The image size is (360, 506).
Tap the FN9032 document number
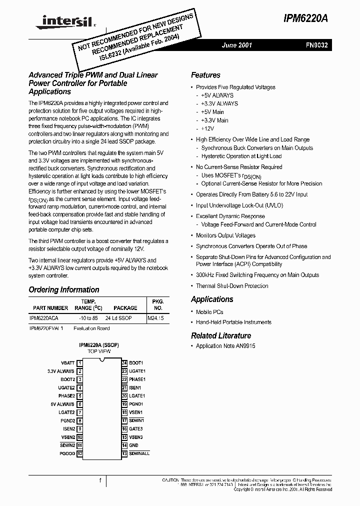(x=317, y=45)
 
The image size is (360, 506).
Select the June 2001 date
(x=237, y=45)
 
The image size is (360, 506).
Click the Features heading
(x=205, y=75)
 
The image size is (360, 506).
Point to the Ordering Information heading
(x=64, y=290)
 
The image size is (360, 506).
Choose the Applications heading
(x=212, y=299)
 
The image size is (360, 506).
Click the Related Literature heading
(x=221, y=335)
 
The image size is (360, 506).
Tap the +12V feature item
(x=208, y=129)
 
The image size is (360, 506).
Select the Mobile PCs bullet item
(x=209, y=311)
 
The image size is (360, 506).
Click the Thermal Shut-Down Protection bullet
(x=232, y=286)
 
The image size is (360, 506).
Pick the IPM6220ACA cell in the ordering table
(x=44, y=318)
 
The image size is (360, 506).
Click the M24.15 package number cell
(x=156, y=318)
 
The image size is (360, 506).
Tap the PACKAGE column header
(x=125, y=308)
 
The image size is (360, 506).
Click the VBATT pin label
(x=67, y=363)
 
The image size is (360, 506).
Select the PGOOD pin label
(x=66, y=453)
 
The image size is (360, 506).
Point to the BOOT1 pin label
(x=136, y=363)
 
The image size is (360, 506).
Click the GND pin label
(x=133, y=445)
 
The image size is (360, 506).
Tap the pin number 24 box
(x=124, y=363)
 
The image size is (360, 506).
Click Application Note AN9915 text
(x=225, y=346)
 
